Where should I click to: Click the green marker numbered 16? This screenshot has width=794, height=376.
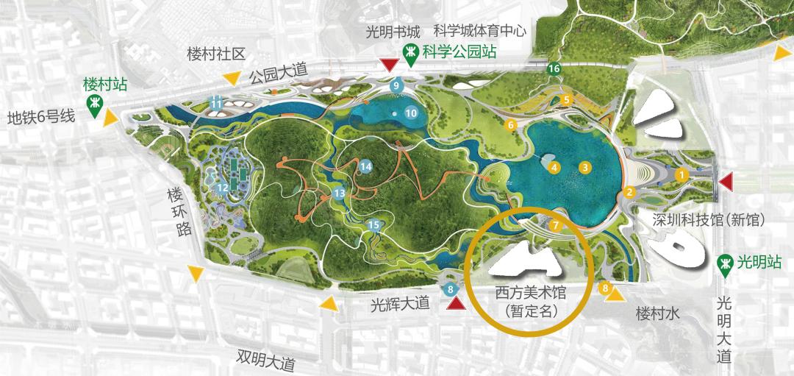tap(554, 68)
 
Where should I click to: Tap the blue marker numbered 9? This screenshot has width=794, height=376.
tap(396, 86)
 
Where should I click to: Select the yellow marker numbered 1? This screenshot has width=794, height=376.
tap(682, 174)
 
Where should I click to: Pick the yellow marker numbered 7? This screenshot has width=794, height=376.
tap(556, 224)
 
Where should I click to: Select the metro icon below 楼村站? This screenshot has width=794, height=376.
tap(95, 106)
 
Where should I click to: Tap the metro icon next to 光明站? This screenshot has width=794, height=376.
tap(726, 263)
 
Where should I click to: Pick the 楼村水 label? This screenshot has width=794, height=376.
tap(658, 314)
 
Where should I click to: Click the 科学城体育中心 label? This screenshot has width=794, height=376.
tap(479, 32)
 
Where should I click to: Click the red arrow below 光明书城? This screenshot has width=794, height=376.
tap(387, 66)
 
